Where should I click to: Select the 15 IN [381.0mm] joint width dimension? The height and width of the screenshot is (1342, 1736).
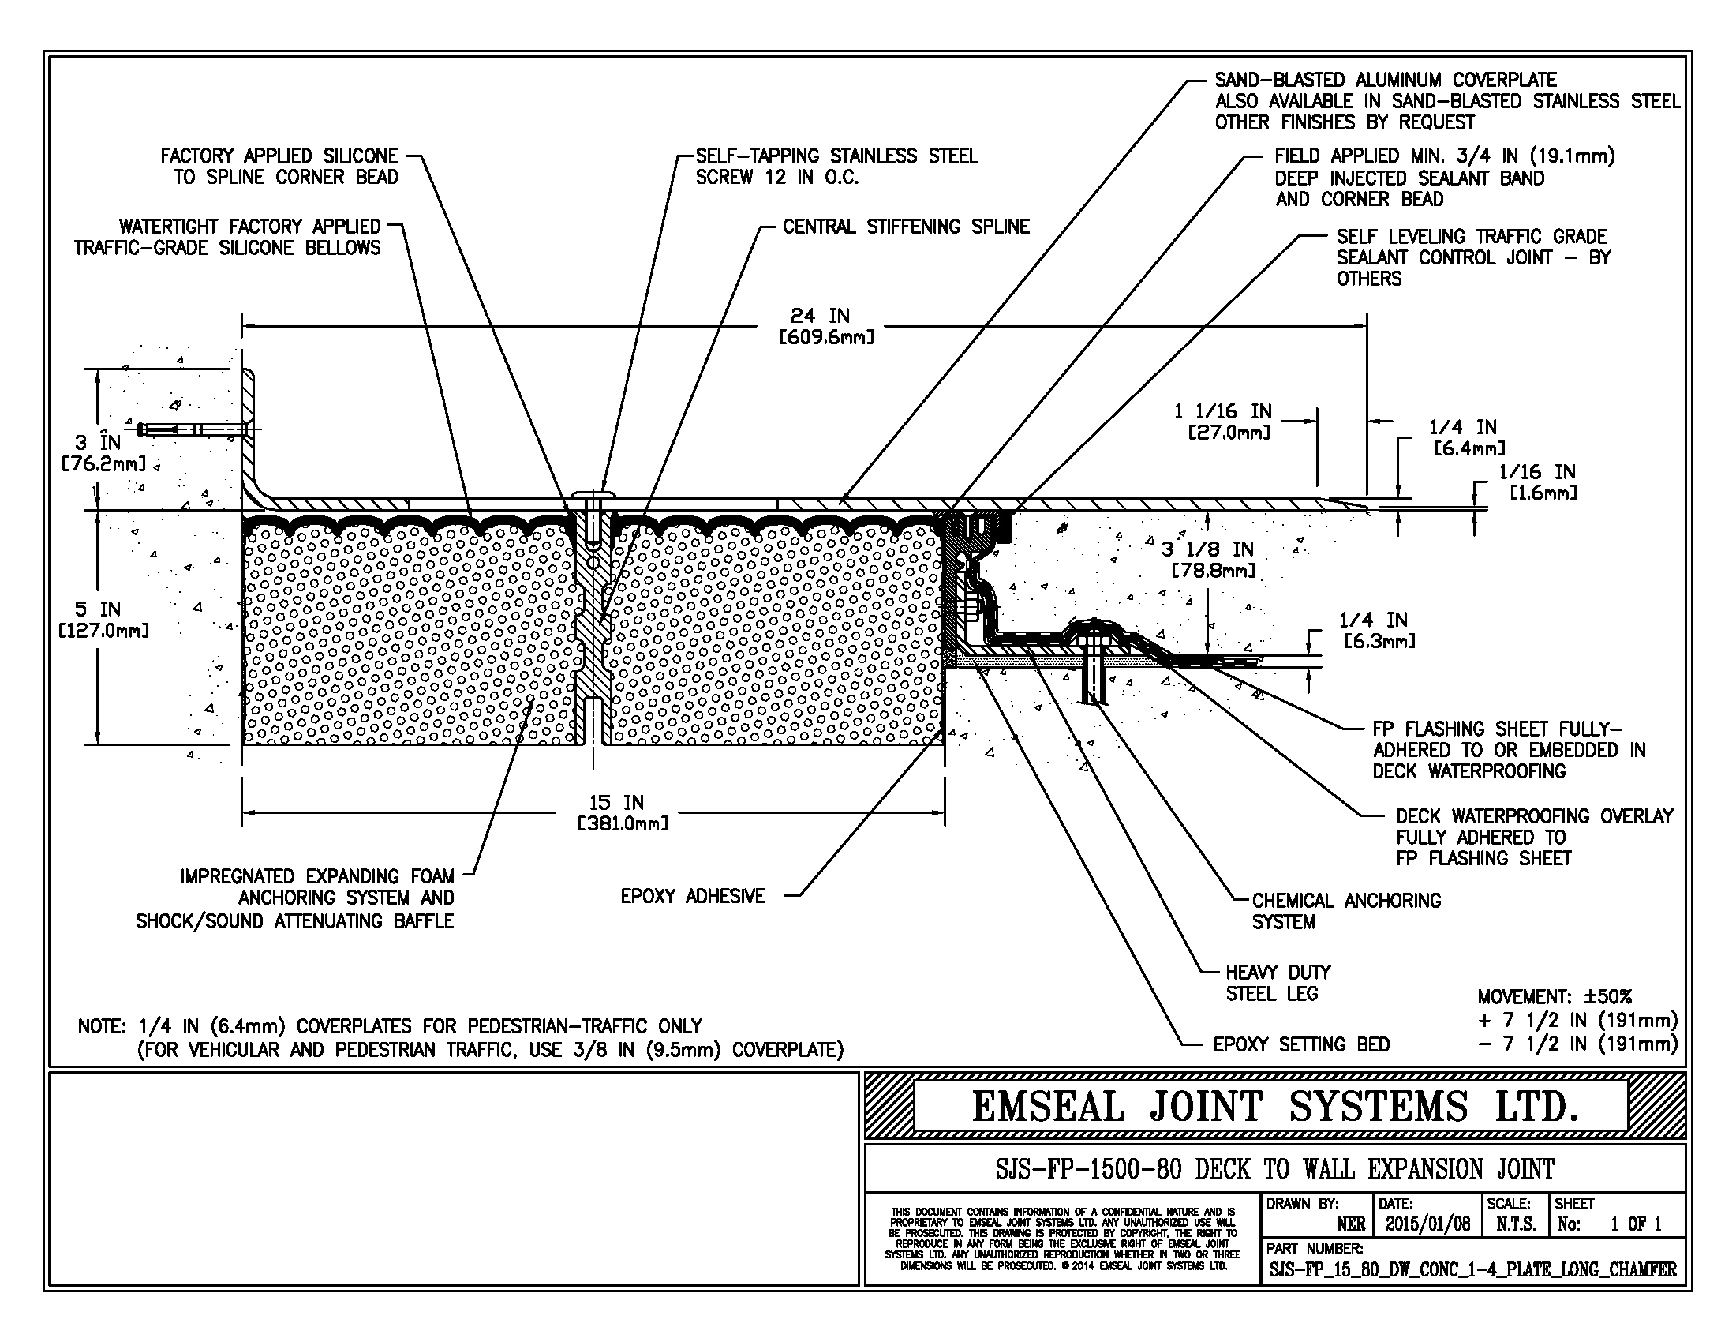point(623,812)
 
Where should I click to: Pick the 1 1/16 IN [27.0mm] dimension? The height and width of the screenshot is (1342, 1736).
point(1228,422)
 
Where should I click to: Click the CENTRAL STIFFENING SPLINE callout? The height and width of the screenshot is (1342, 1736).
point(905,227)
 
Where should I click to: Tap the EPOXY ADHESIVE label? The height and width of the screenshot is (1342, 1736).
point(692,896)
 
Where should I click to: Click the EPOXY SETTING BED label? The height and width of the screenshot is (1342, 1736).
point(1301,1044)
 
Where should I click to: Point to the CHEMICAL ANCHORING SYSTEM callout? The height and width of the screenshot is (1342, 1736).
point(1345,911)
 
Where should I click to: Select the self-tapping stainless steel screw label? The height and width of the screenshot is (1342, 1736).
point(836,166)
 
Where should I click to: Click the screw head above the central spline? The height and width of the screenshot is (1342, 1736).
point(593,495)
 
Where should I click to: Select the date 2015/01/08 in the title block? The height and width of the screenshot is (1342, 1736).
point(1427,1224)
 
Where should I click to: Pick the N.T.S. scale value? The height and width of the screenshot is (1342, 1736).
point(1515,1224)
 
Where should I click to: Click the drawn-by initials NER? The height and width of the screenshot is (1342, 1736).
point(1351,1224)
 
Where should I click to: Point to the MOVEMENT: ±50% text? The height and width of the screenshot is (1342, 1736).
point(1554,997)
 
